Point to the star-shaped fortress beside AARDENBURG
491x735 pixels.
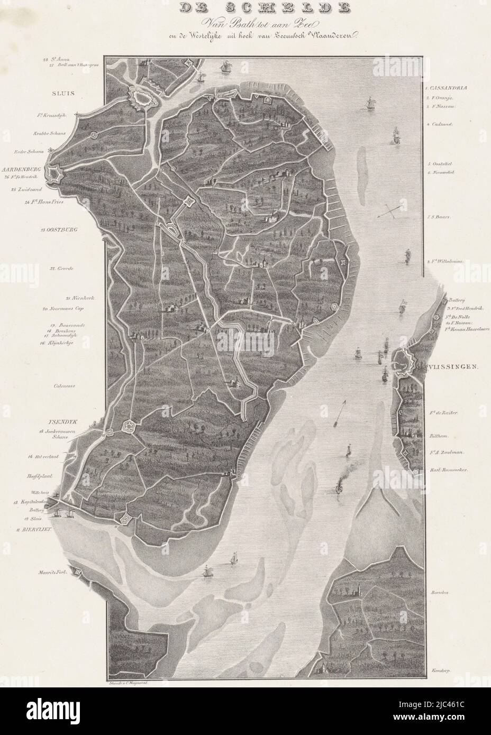tap(55, 173)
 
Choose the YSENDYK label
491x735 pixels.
tap(61, 422)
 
